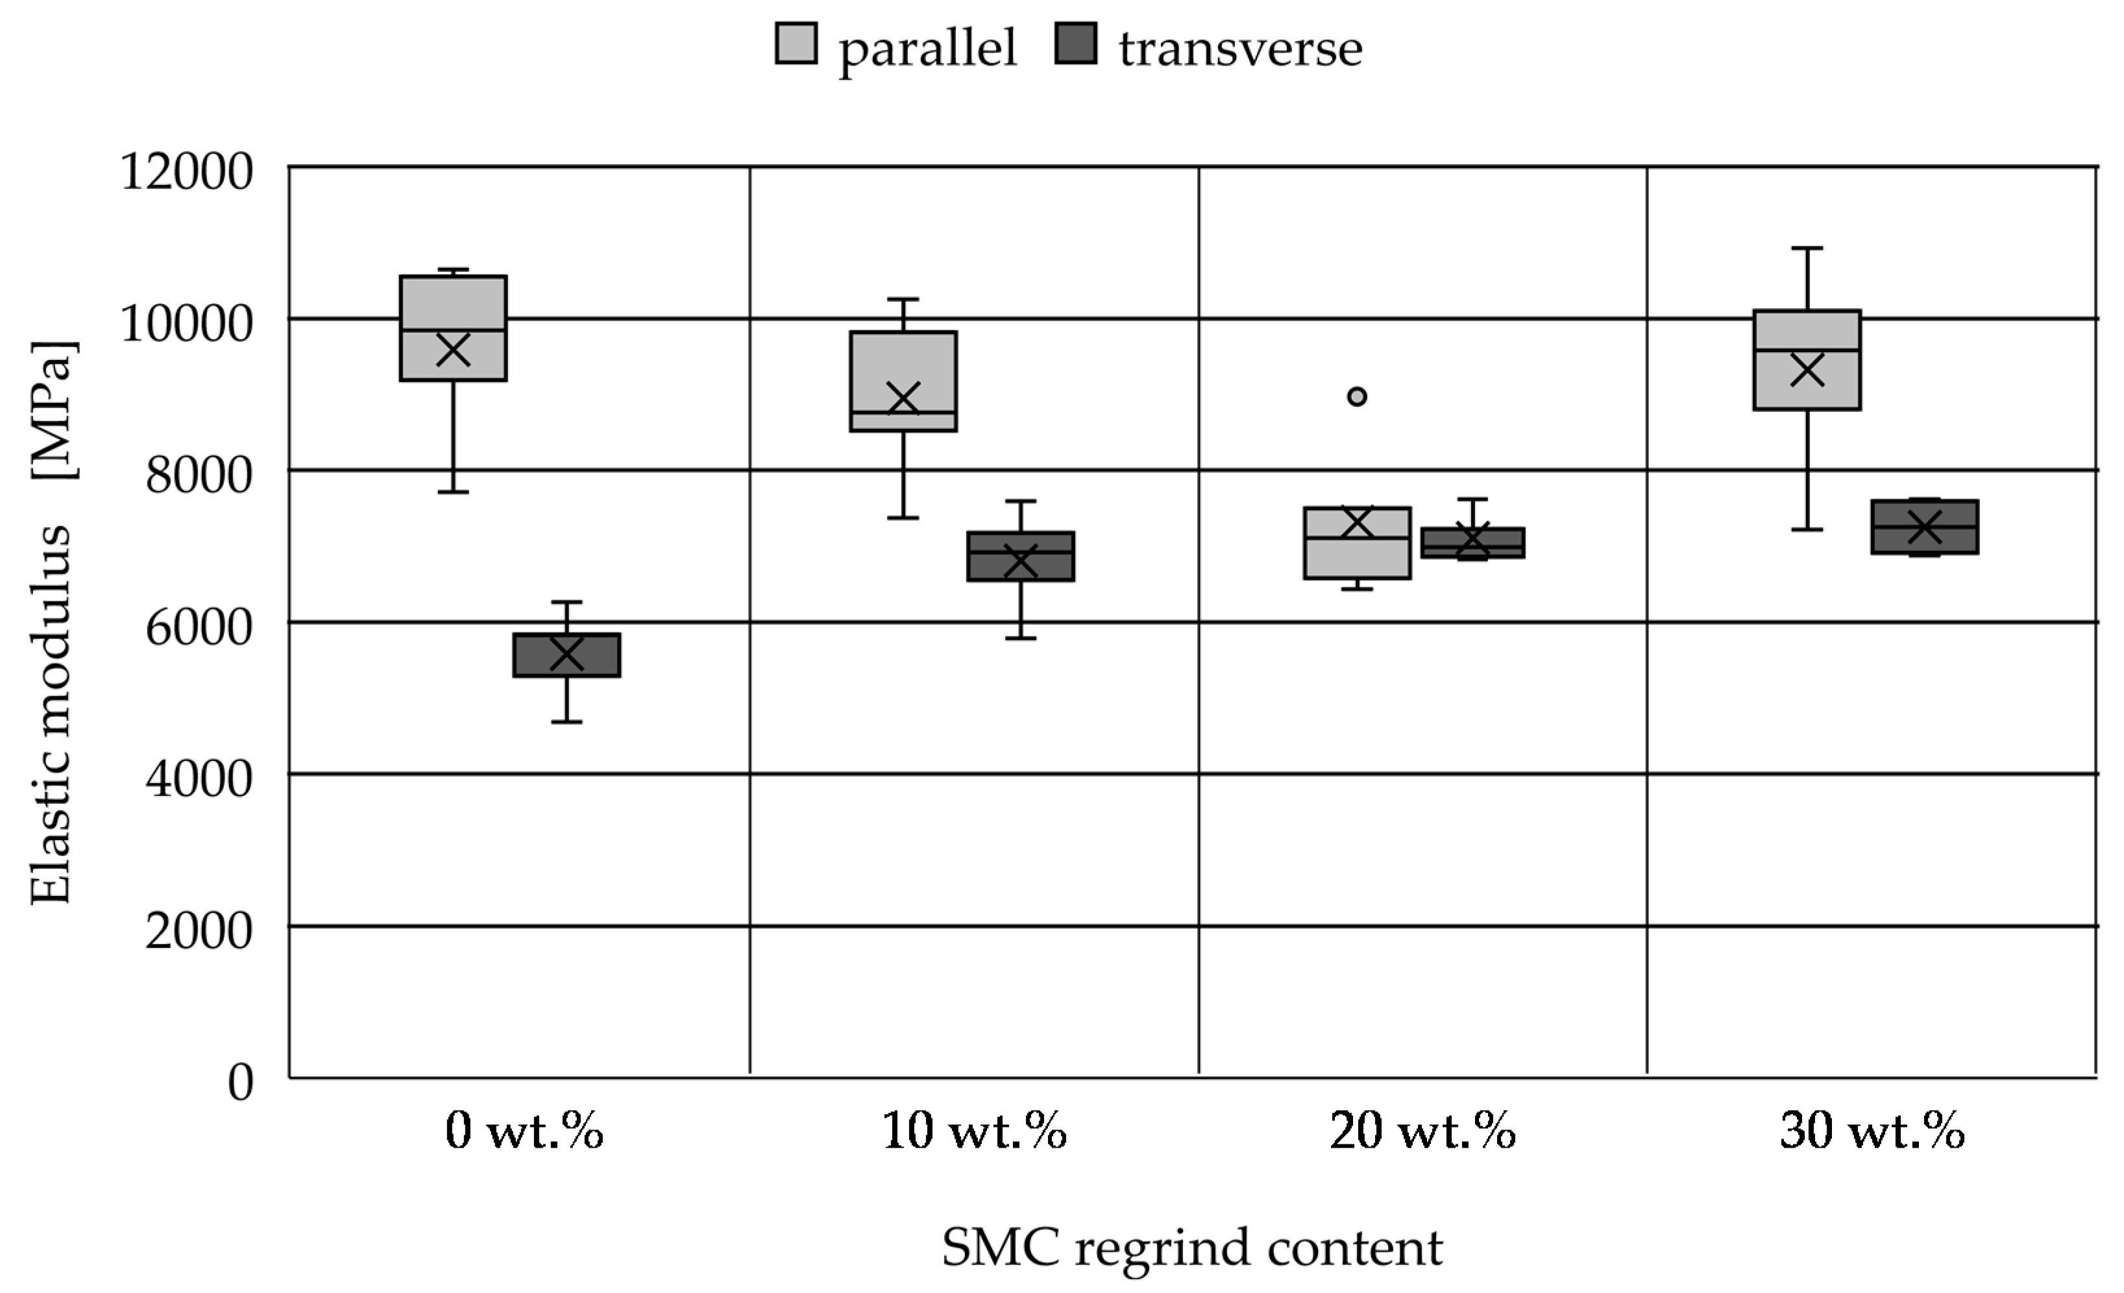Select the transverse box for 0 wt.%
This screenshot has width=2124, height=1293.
[x=567, y=655]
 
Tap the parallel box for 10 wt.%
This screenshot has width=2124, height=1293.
[x=903, y=381]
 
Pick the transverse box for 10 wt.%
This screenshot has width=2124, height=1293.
[x=1021, y=557]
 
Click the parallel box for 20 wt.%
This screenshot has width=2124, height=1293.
[x=1357, y=543]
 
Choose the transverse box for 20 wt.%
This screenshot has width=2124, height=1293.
[x=1472, y=543]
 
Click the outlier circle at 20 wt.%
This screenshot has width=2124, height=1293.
[x=1357, y=396]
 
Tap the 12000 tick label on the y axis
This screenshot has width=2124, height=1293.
[x=186, y=171]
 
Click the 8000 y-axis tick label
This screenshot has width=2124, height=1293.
[x=199, y=475]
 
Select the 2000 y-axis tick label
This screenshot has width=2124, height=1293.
[x=199, y=930]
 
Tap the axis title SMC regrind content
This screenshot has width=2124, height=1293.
[x=1191, y=1248]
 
